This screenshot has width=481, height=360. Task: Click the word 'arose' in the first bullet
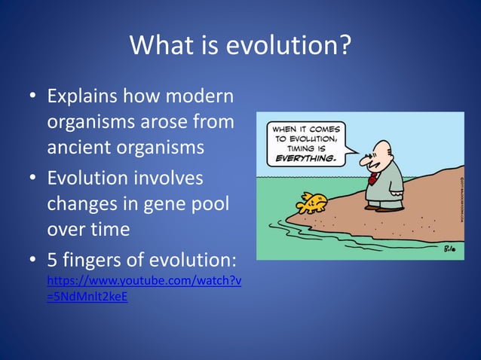[x=162, y=122]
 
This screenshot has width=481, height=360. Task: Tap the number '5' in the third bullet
[x=53, y=260]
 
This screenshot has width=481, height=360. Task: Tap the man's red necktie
[x=373, y=178]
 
